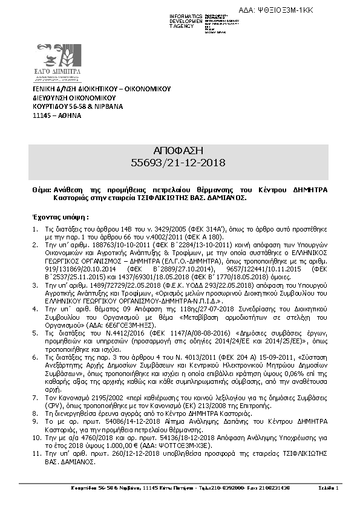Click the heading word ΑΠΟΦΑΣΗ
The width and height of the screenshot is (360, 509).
pos(179,151)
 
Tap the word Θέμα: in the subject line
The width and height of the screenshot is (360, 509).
pos(41,189)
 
